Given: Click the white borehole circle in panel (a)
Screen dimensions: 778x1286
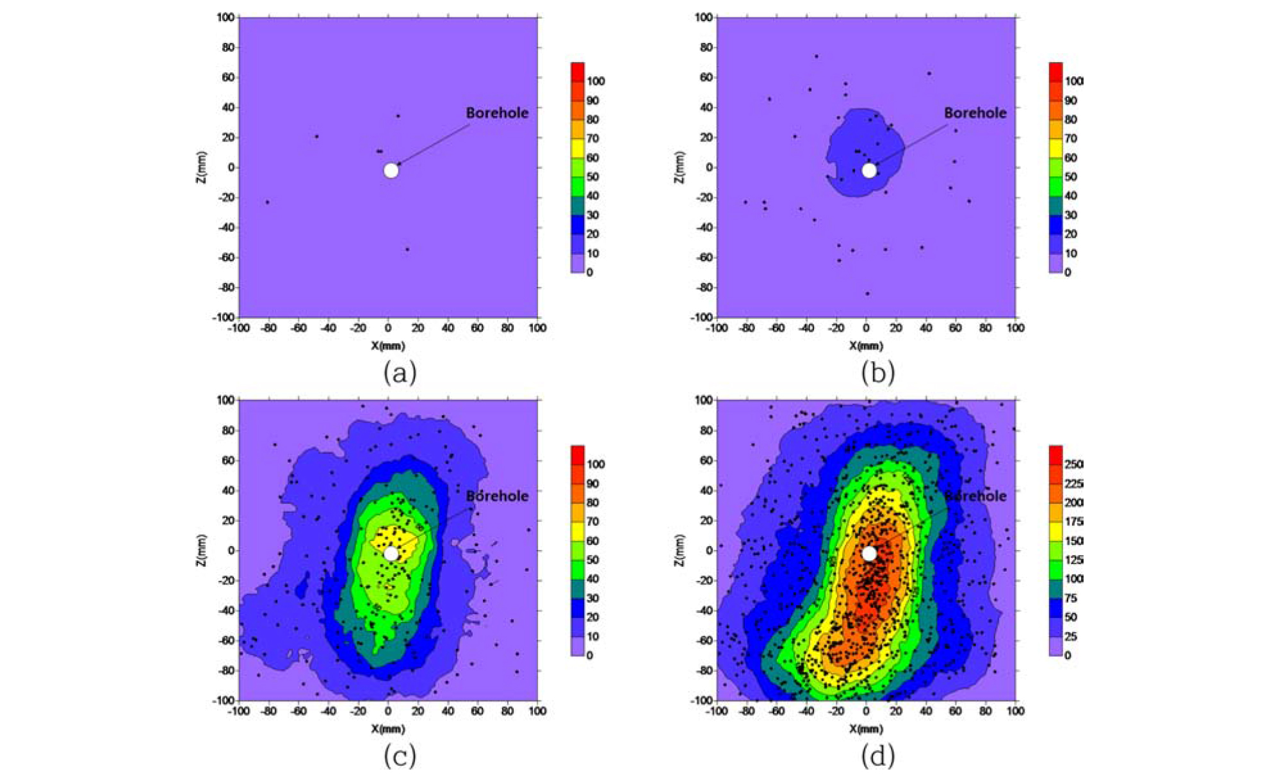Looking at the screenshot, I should [391, 170].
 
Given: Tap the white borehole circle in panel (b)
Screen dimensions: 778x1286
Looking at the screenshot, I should [868, 170].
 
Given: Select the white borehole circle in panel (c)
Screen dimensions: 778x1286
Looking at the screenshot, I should [391, 553].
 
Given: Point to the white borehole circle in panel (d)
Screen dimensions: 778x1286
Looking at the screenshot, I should [868, 553].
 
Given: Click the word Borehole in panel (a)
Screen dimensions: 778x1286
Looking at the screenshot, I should [497, 113].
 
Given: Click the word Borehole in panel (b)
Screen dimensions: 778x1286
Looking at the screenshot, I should [975, 113].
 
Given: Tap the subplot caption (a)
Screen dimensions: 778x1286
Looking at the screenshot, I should [400, 373].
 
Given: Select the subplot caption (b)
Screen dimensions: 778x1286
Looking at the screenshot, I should [877, 373].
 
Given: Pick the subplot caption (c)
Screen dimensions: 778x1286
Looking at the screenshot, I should [400, 756].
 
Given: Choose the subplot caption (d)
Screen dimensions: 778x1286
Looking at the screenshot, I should [877, 756].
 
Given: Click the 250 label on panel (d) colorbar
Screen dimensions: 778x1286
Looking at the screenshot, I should [1073, 464].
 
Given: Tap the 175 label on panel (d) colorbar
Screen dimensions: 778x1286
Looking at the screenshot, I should [1073, 522].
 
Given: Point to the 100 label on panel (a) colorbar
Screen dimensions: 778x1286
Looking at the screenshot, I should [595, 81].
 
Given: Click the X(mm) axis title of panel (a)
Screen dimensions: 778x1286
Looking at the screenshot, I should [388, 346].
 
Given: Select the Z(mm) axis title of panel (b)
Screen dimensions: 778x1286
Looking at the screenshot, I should [680, 167].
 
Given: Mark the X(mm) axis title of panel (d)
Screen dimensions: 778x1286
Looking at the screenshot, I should [866, 729].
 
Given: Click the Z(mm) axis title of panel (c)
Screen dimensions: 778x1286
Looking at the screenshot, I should [202, 550].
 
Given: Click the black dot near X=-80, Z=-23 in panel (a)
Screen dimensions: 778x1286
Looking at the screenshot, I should [268, 202].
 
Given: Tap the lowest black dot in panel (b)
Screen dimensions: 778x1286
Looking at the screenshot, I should [868, 293].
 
